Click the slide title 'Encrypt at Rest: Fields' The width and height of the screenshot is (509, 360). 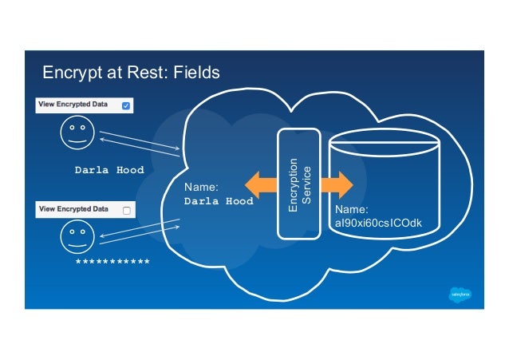(131, 73)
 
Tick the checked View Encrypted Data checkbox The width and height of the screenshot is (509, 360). (126, 105)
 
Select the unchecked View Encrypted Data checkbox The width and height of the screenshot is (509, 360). (126, 210)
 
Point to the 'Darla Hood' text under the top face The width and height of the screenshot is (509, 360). (109, 170)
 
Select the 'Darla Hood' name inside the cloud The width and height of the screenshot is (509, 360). (219, 201)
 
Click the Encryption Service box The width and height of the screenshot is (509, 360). (298, 184)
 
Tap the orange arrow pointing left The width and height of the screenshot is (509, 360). (261, 185)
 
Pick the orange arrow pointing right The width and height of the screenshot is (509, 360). (336, 185)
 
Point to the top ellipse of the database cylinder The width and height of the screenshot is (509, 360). (385, 144)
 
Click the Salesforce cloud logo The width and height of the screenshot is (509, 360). (462, 294)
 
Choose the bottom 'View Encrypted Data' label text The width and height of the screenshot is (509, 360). (76, 210)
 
